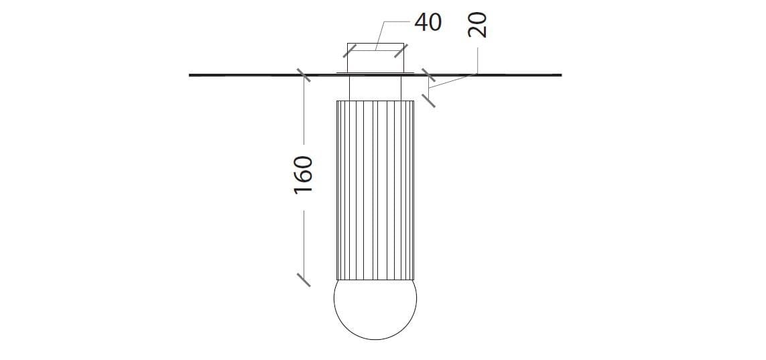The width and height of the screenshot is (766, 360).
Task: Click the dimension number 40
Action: point(428,22)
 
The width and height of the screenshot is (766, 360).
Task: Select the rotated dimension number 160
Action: point(304,175)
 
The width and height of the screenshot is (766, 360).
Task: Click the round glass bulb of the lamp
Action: point(375,308)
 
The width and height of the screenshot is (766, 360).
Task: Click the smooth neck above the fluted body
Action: point(375,87)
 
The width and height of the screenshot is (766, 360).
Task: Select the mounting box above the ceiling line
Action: point(375,58)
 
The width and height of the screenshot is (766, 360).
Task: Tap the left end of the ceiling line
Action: point(191,75)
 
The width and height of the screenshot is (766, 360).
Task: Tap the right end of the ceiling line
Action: point(560,75)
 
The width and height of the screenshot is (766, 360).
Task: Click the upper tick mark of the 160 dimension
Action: point(304,75)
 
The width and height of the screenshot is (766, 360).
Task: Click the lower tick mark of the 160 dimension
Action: point(304,279)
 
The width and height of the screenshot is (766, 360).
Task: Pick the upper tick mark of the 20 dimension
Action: point(428,75)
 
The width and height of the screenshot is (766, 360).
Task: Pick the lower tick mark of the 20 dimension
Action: point(428,101)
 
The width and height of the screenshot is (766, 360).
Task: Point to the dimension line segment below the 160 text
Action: point(304,241)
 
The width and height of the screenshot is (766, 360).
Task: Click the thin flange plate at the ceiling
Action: point(375,71)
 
